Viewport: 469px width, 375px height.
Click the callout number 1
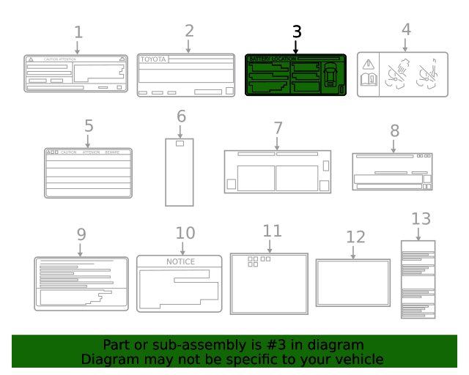tap(78, 32)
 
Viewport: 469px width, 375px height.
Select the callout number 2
tap(189, 31)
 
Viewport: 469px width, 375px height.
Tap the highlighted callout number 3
tap(296, 31)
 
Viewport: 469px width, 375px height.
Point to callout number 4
tap(405, 29)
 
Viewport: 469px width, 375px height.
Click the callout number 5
tap(89, 125)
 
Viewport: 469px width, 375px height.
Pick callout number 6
tap(181, 116)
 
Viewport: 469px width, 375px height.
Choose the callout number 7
tap(278, 127)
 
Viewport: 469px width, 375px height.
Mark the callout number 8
tap(394, 130)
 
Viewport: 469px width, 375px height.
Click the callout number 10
tap(185, 233)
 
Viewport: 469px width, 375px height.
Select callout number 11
tap(272, 231)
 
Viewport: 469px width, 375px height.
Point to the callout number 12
tap(355, 237)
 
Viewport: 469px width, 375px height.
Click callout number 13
tap(421, 218)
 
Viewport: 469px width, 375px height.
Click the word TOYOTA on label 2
tap(154, 59)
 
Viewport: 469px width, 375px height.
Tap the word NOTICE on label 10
tap(180, 261)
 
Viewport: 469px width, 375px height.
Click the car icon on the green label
tap(330, 74)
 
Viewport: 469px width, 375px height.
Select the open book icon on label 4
tap(368, 80)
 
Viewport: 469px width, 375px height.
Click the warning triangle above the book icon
tap(368, 64)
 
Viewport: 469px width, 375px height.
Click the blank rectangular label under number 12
tap(352, 283)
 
